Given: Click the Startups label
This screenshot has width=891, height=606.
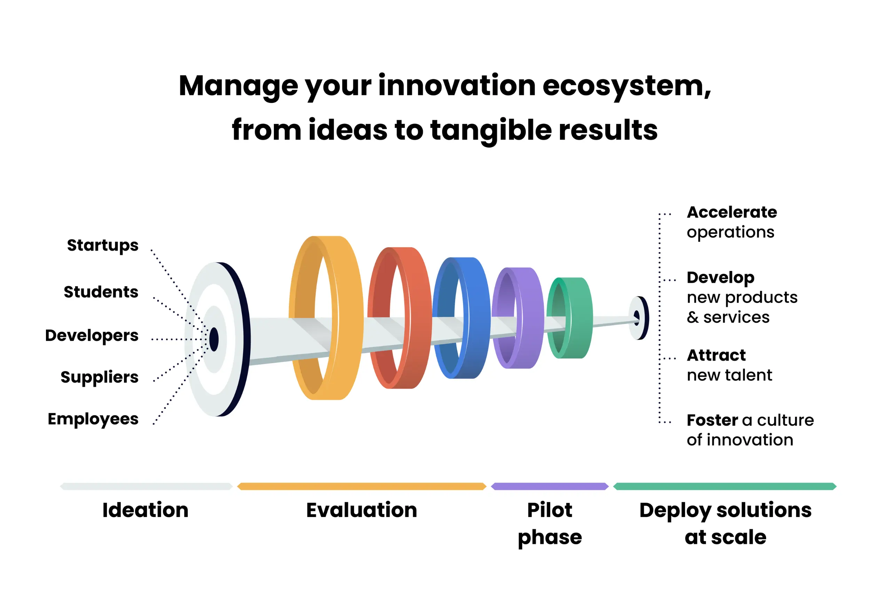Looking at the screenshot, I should click(x=102, y=246).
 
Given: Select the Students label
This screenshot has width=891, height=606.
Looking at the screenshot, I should click(x=101, y=292).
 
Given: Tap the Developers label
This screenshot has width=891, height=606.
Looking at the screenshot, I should click(x=92, y=336).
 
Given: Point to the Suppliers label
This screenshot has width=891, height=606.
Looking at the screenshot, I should click(x=99, y=377).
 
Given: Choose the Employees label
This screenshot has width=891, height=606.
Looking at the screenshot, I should click(x=93, y=419).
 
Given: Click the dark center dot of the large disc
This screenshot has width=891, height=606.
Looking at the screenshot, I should click(x=214, y=339).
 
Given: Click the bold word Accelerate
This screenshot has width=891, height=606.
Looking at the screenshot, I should click(x=732, y=212).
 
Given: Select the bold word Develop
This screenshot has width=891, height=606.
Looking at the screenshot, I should click(x=720, y=278).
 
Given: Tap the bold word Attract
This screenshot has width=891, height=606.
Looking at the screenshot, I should click(x=716, y=355).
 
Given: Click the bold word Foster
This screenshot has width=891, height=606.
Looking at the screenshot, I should click(x=712, y=421).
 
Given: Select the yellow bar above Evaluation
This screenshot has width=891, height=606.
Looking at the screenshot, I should click(x=362, y=486).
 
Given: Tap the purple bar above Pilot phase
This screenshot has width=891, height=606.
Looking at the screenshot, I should click(x=550, y=486).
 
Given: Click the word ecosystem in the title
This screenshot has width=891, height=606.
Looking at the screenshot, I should click(x=626, y=86).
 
